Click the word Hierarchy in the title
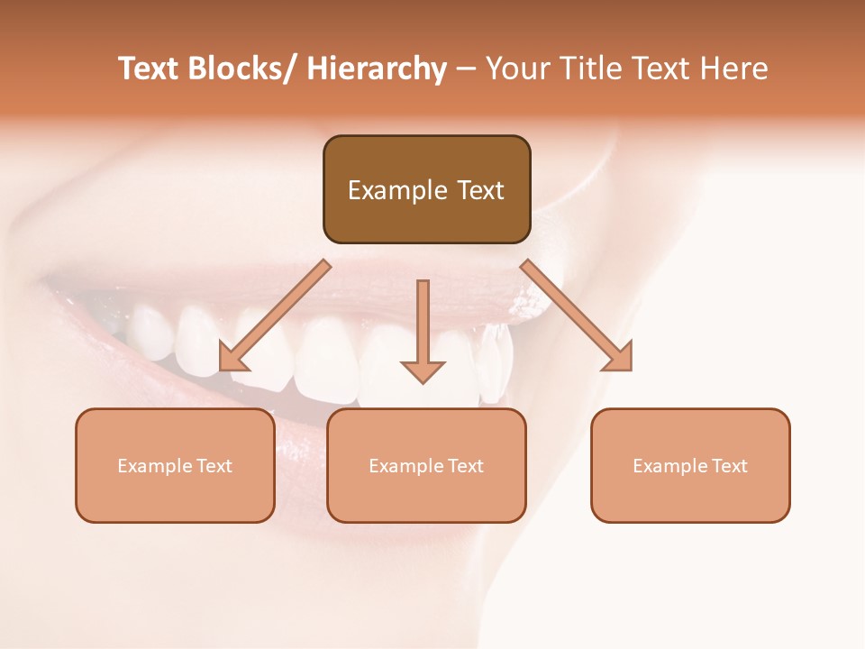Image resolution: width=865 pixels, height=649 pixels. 377,69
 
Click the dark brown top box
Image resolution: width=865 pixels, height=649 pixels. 426,189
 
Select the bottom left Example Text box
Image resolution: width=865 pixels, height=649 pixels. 175,465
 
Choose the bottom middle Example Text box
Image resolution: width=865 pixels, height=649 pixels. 426,465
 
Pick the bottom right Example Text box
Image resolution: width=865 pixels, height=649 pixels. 690,465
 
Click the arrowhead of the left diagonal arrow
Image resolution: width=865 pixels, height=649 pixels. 232,359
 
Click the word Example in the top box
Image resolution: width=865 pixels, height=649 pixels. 397,190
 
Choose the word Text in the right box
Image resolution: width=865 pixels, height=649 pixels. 731,466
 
